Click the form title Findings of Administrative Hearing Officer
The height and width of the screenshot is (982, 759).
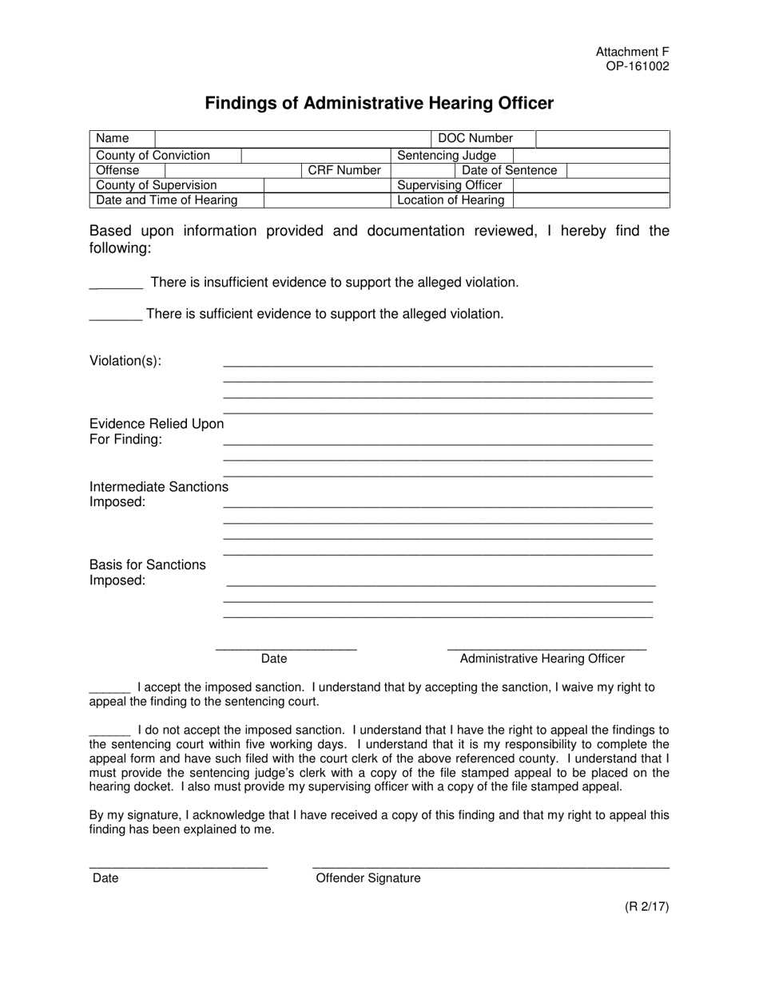[379, 103]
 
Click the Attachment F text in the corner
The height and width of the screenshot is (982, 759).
[632, 52]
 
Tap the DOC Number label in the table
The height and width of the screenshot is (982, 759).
[475, 139]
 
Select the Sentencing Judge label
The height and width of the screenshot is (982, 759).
[447, 156]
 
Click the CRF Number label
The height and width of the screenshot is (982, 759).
[344, 171]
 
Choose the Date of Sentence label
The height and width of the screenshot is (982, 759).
[509, 171]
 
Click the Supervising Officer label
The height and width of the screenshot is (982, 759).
[450, 185]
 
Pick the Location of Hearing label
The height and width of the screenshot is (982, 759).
[451, 200]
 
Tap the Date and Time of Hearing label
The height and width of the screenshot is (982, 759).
[167, 200]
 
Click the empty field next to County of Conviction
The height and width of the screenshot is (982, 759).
[316, 156]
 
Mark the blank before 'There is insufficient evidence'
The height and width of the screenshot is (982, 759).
[116, 283]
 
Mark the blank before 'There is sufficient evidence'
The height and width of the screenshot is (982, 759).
[116, 315]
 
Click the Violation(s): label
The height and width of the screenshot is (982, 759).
[125, 361]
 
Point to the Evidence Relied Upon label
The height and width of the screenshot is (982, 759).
[157, 424]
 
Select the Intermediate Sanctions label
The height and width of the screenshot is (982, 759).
[159, 487]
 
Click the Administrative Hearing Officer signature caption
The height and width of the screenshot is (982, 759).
[542, 659]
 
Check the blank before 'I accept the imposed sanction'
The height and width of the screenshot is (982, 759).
[109, 687]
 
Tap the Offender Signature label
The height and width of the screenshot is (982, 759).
[368, 878]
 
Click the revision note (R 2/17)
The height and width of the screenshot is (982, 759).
[646, 906]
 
